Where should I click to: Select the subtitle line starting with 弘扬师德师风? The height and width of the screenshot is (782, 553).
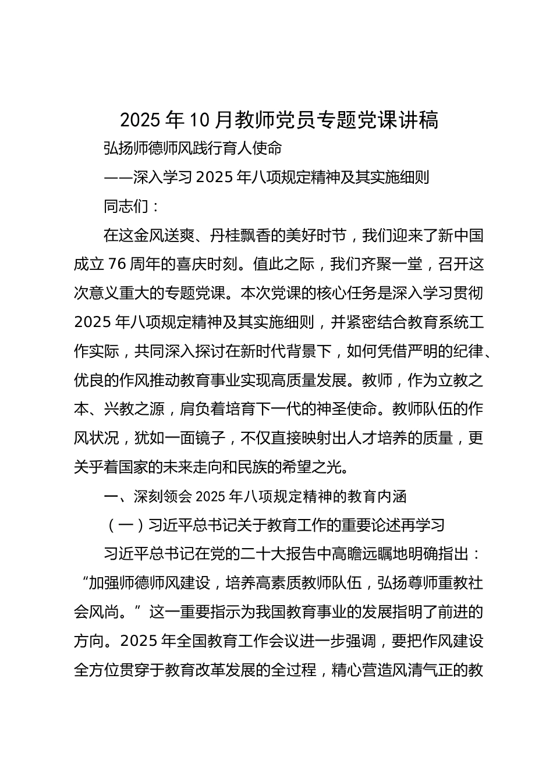point(193,149)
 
